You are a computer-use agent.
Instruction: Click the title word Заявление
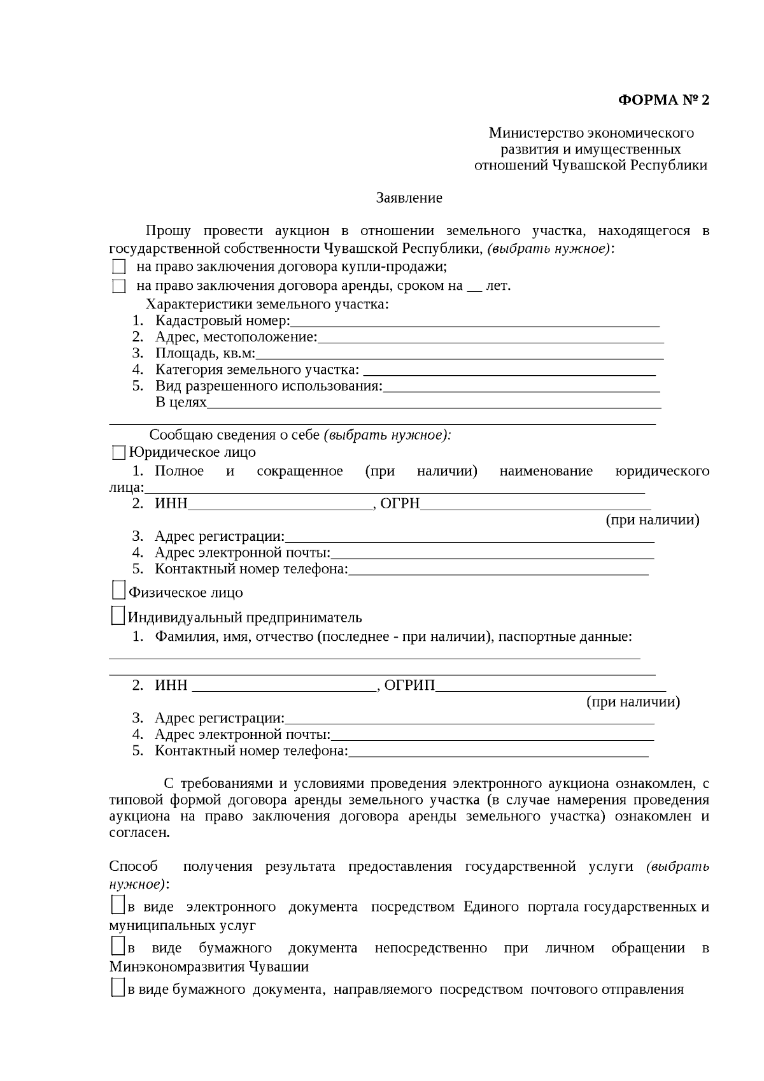409,198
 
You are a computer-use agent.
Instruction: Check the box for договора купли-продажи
118,267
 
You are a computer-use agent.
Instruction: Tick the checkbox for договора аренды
118,286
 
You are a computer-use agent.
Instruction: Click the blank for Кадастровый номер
474,322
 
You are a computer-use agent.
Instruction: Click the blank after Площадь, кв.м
458,355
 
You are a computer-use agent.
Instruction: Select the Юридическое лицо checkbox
118,453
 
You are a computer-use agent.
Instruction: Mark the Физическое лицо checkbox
118,591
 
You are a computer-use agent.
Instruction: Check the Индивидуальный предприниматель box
118,615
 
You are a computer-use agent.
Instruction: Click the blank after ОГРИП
551,687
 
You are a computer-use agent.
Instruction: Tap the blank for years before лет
474,287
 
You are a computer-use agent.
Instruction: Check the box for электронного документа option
117,905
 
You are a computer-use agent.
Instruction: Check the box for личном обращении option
117,946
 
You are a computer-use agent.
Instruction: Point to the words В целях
181,403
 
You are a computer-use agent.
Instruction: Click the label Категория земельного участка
257,370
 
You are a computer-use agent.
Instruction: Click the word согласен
139,833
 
